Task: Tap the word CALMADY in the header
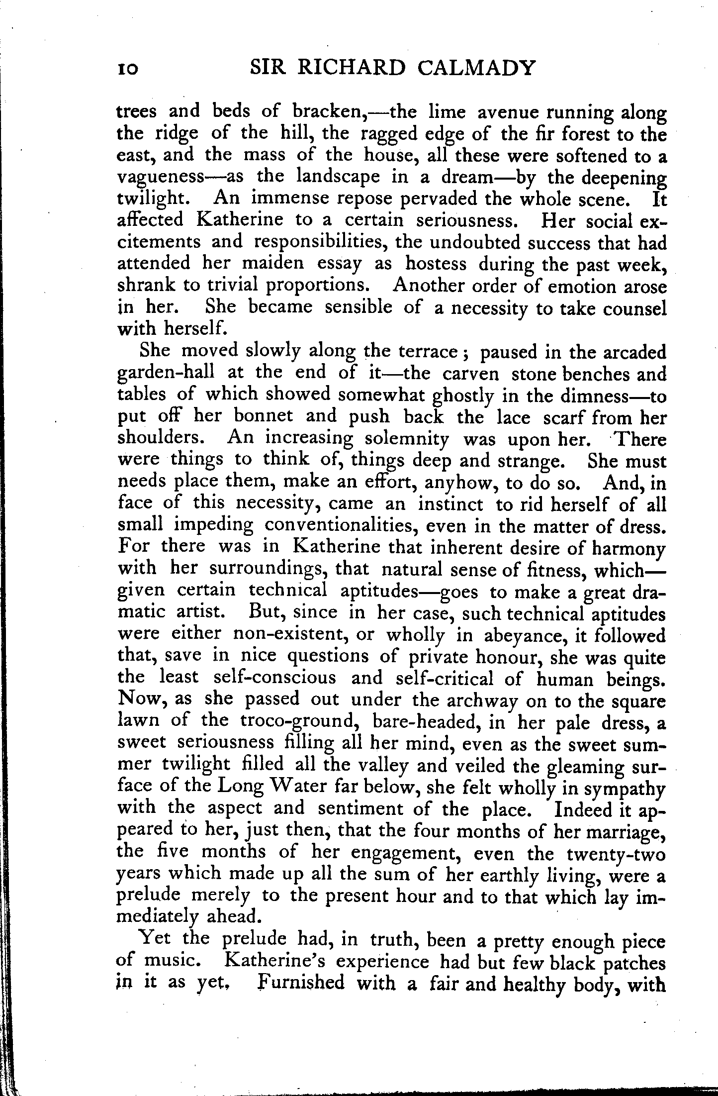[x=476, y=68]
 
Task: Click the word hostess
[x=436, y=263]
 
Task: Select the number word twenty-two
[x=616, y=854]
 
